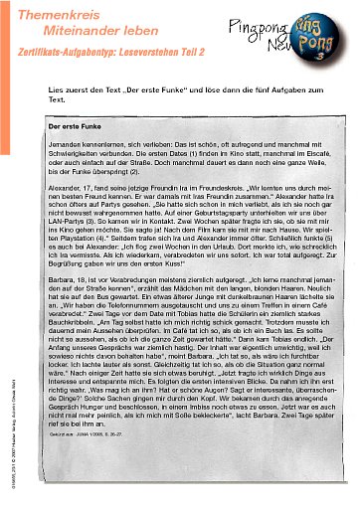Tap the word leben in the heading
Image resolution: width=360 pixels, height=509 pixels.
point(126,30)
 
